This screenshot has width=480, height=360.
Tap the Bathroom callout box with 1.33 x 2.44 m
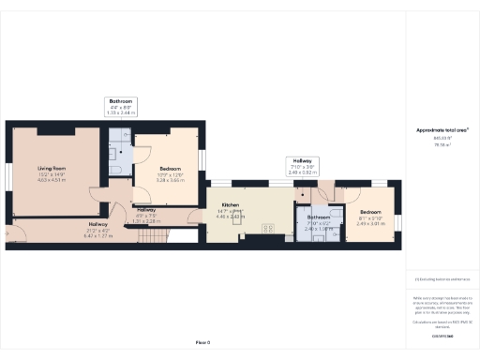[x=122, y=106]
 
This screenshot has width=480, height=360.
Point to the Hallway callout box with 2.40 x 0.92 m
[x=307, y=166]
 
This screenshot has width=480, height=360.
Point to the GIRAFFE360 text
[x=442, y=335]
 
